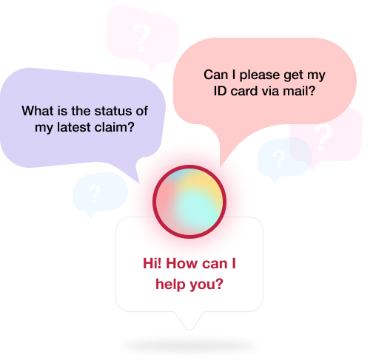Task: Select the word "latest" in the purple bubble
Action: point(74,127)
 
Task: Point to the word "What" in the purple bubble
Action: point(38,111)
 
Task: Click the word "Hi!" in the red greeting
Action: point(152,263)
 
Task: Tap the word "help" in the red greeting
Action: point(170,284)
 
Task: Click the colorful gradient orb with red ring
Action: point(189,202)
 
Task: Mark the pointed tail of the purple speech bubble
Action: point(140,183)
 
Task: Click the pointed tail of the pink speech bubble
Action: point(220,167)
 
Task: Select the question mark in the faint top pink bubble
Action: point(141,38)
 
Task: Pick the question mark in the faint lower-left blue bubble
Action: point(94,194)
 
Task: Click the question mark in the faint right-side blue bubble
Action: point(278,160)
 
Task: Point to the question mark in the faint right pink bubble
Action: point(323,137)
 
